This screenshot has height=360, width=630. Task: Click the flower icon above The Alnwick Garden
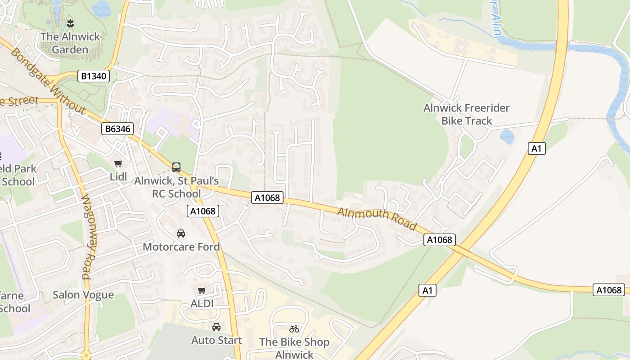(x=70, y=22)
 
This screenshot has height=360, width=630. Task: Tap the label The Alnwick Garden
(x=70, y=43)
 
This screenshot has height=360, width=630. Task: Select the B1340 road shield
(x=94, y=76)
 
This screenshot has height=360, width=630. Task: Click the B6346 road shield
(x=117, y=129)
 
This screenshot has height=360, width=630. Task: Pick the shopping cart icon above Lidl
(x=118, y=164)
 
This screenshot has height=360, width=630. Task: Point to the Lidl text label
(x=118, y=176)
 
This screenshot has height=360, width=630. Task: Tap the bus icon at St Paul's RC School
(x=176, y=167)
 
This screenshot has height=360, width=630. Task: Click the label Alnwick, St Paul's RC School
(x=176, y=187)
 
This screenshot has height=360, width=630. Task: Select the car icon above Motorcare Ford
(x=181, y=234)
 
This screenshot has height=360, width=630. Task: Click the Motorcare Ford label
(x=181, y=247)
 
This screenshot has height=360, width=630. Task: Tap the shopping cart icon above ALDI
(x=202, y=291)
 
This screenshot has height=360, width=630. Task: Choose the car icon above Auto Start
(x=216, y=327)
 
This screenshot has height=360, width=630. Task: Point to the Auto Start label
(x=216, y=340)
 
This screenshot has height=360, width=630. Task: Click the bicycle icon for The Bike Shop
(x=294, y=329)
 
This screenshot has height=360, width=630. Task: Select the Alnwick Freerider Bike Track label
(x=466, y=114)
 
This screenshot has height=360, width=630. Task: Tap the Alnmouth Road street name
(x=377, y=219)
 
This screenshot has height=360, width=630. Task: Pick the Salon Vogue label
(x=83, y=295)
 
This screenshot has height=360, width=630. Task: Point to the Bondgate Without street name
(x=47, y=81)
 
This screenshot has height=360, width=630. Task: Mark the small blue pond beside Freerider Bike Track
(x=507, y=136)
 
